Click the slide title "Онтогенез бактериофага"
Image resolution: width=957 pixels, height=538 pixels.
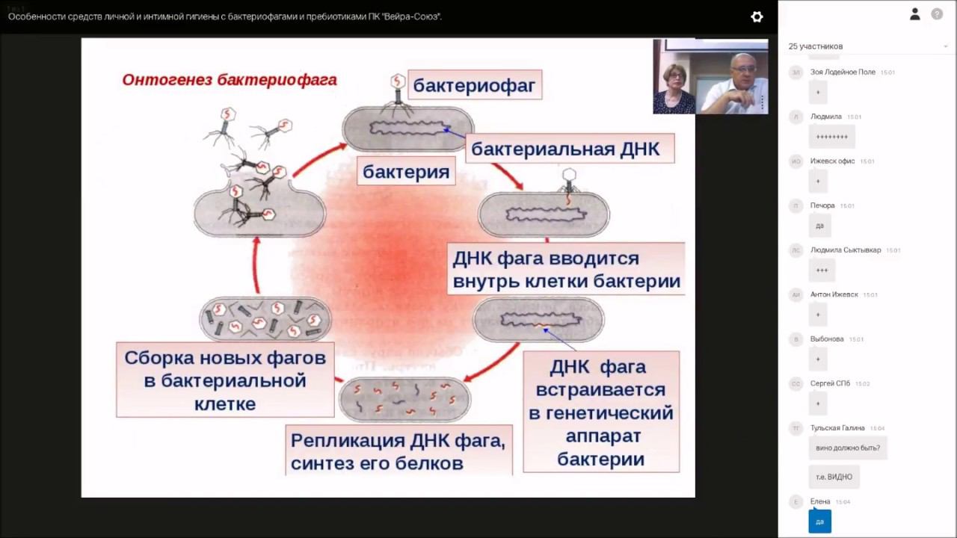coord(230,80)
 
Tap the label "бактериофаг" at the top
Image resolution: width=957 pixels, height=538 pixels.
coord(474,85)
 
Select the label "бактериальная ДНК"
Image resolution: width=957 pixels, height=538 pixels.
coord(565,149)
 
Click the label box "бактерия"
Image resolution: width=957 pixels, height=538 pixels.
coord(406,172)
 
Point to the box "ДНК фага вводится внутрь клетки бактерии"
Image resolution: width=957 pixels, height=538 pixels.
coord(566,270)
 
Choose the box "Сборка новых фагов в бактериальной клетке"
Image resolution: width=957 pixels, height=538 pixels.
coord(225,380)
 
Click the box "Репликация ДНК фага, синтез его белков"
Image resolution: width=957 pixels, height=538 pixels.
coord(398,451)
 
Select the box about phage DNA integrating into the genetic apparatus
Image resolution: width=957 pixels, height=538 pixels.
coord(600,412)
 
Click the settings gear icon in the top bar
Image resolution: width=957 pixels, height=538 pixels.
coord(757,16)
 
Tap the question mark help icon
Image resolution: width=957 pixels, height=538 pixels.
coord(937,14)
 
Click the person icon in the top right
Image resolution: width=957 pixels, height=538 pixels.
coord(914,14)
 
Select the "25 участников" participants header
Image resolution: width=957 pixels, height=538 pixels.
coord(815,46)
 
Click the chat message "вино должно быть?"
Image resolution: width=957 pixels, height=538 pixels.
coord(848,448)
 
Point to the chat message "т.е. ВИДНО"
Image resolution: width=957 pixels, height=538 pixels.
coord(834,477)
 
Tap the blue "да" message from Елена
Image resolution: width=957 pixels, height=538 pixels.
coord(819,522)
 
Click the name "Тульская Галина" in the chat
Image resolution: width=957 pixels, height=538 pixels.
coord(837,428)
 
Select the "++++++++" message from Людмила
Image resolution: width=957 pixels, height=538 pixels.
coord(831,137)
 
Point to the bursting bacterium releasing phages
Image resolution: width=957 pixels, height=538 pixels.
coord(259,209)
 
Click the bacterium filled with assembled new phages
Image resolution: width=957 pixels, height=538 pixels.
coord(265,318)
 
